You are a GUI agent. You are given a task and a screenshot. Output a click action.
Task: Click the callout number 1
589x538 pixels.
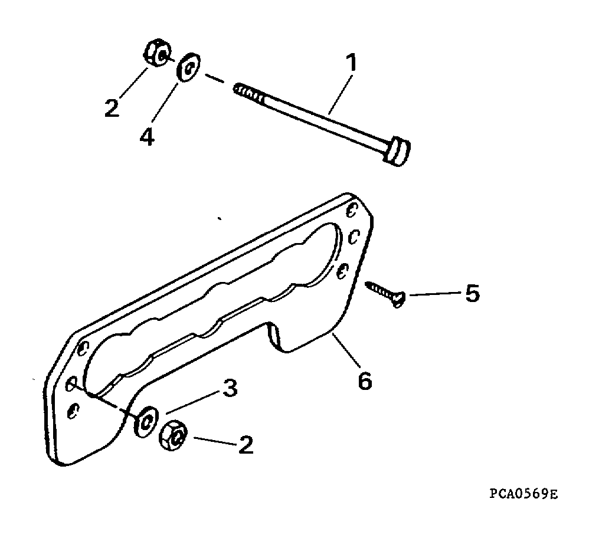point(351,63)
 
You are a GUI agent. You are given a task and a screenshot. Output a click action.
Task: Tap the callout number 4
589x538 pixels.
point(148,137)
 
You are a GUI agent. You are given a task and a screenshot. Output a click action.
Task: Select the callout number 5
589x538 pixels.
point(473,293)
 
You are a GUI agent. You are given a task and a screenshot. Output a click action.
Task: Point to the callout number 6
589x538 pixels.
point(365,381)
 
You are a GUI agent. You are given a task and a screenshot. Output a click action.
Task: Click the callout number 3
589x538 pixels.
point(230,388)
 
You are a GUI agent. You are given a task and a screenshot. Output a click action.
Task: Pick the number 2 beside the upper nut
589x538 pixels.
point(112,108)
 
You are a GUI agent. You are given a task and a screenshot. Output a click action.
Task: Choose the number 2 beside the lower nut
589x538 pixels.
point(246,445)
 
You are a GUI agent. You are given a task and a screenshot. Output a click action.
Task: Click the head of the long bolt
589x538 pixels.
point(397,151)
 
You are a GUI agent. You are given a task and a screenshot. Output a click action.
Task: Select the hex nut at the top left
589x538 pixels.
point(157,53)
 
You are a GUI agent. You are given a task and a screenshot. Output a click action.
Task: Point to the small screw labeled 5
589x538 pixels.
point(385,294)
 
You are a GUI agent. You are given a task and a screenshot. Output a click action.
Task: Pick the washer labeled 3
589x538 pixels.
point(146,421)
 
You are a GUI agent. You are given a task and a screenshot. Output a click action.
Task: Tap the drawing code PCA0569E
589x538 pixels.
point(523,494)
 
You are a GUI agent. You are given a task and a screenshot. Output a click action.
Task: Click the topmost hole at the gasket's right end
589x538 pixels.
point(351,210)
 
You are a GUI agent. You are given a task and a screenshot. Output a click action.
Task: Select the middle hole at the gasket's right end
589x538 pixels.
point(354,237)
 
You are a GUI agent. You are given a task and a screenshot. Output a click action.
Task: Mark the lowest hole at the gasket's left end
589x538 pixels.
point(73,411)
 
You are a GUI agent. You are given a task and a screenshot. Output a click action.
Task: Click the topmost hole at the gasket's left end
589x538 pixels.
point(83,349)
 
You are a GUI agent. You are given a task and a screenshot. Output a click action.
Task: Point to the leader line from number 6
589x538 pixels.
point(346,349)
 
